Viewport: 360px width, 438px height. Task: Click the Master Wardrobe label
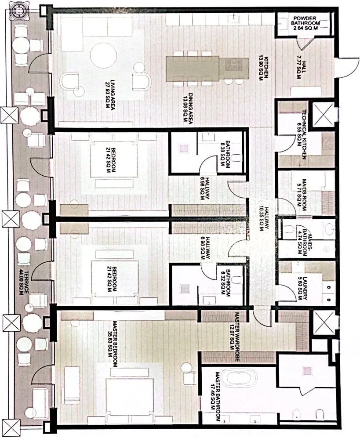[x=233, y=332]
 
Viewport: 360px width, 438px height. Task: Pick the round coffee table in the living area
[x=104, y=56]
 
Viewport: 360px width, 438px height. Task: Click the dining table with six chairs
[x=193, y=69]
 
